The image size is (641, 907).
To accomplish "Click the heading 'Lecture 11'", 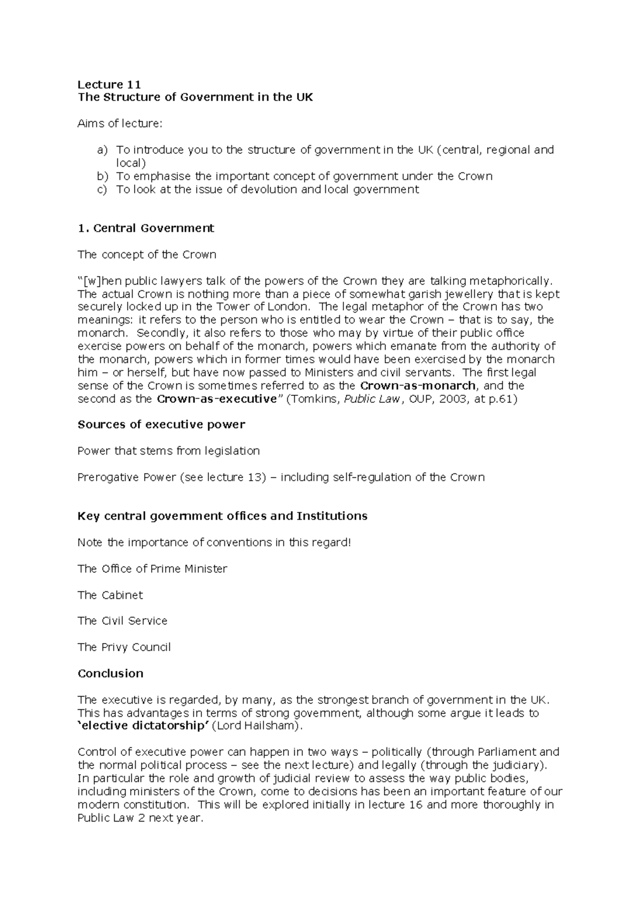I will [109, 84].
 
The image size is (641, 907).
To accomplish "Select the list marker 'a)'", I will [102, 150].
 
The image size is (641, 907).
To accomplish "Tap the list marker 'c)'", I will [102, 189].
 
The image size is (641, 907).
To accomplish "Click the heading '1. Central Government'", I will [145, 228].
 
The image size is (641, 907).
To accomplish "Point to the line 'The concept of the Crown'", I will [147, 254].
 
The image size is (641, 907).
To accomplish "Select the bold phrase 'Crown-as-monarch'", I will [418, 386].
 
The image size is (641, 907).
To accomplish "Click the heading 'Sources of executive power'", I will [161, 425].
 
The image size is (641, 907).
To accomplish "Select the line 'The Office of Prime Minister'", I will [152, 569].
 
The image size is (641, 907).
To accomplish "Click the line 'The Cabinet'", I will [110, 595].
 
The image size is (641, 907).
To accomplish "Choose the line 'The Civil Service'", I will [122, 621].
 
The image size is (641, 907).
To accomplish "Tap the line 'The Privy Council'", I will [124, 647].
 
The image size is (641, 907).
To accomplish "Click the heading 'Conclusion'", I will [111, 674].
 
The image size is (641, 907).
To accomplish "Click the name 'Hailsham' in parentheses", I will [270, 726].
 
